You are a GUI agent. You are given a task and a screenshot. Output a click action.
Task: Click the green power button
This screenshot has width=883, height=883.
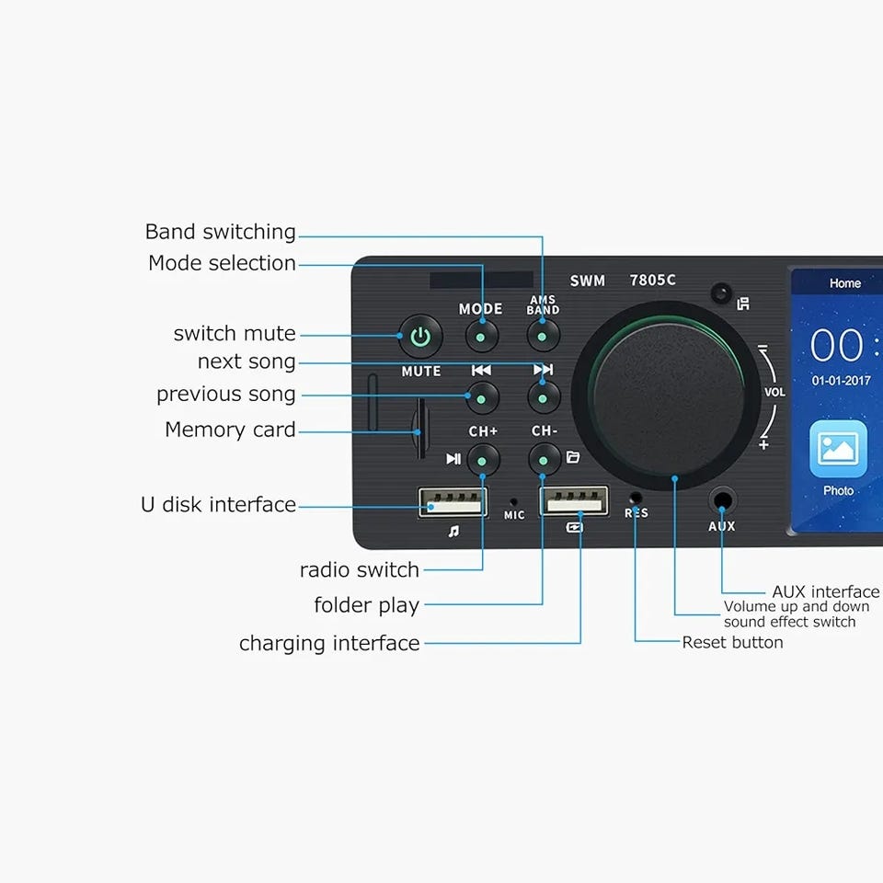[x=420, y=337]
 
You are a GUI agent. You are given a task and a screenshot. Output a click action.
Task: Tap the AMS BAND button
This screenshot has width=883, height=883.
[x=543, y=337]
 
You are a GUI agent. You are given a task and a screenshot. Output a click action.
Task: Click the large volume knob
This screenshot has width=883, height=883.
[x=668, y=397]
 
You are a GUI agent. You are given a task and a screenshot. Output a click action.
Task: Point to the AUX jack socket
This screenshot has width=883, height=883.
[x=722, y=502]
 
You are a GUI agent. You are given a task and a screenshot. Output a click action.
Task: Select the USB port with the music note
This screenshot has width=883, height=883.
[x=453, y=502]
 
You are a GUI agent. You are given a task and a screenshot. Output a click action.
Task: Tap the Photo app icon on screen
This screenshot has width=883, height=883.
[x=838, y=451]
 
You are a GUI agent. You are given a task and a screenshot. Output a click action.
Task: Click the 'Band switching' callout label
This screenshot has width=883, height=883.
[x=221, y=232]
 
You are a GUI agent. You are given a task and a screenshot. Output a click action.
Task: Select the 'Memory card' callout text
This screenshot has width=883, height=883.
[x=230, y=430]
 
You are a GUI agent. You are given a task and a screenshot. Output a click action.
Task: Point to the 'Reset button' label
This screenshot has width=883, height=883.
[x=732, y=642]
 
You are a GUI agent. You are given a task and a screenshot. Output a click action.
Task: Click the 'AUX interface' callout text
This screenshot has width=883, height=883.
[x=825, y=591]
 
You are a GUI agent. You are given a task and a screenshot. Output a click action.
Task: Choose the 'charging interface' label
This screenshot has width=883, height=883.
[x=329, y=643]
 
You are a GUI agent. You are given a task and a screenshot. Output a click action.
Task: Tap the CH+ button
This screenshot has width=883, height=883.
[x=483, y=458]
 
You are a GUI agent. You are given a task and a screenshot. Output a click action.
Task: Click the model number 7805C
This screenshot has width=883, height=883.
[x=652, y=281]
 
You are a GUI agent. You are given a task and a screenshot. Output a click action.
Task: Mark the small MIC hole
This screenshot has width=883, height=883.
[x=513, y=502]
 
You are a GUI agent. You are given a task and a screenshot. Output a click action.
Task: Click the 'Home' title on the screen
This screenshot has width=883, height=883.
[x=844, y=283]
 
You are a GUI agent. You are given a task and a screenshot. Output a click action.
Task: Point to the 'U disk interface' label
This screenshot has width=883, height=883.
[x=218, y=504]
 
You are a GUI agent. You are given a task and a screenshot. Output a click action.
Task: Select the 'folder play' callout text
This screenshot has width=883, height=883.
[x=366, y=605]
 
